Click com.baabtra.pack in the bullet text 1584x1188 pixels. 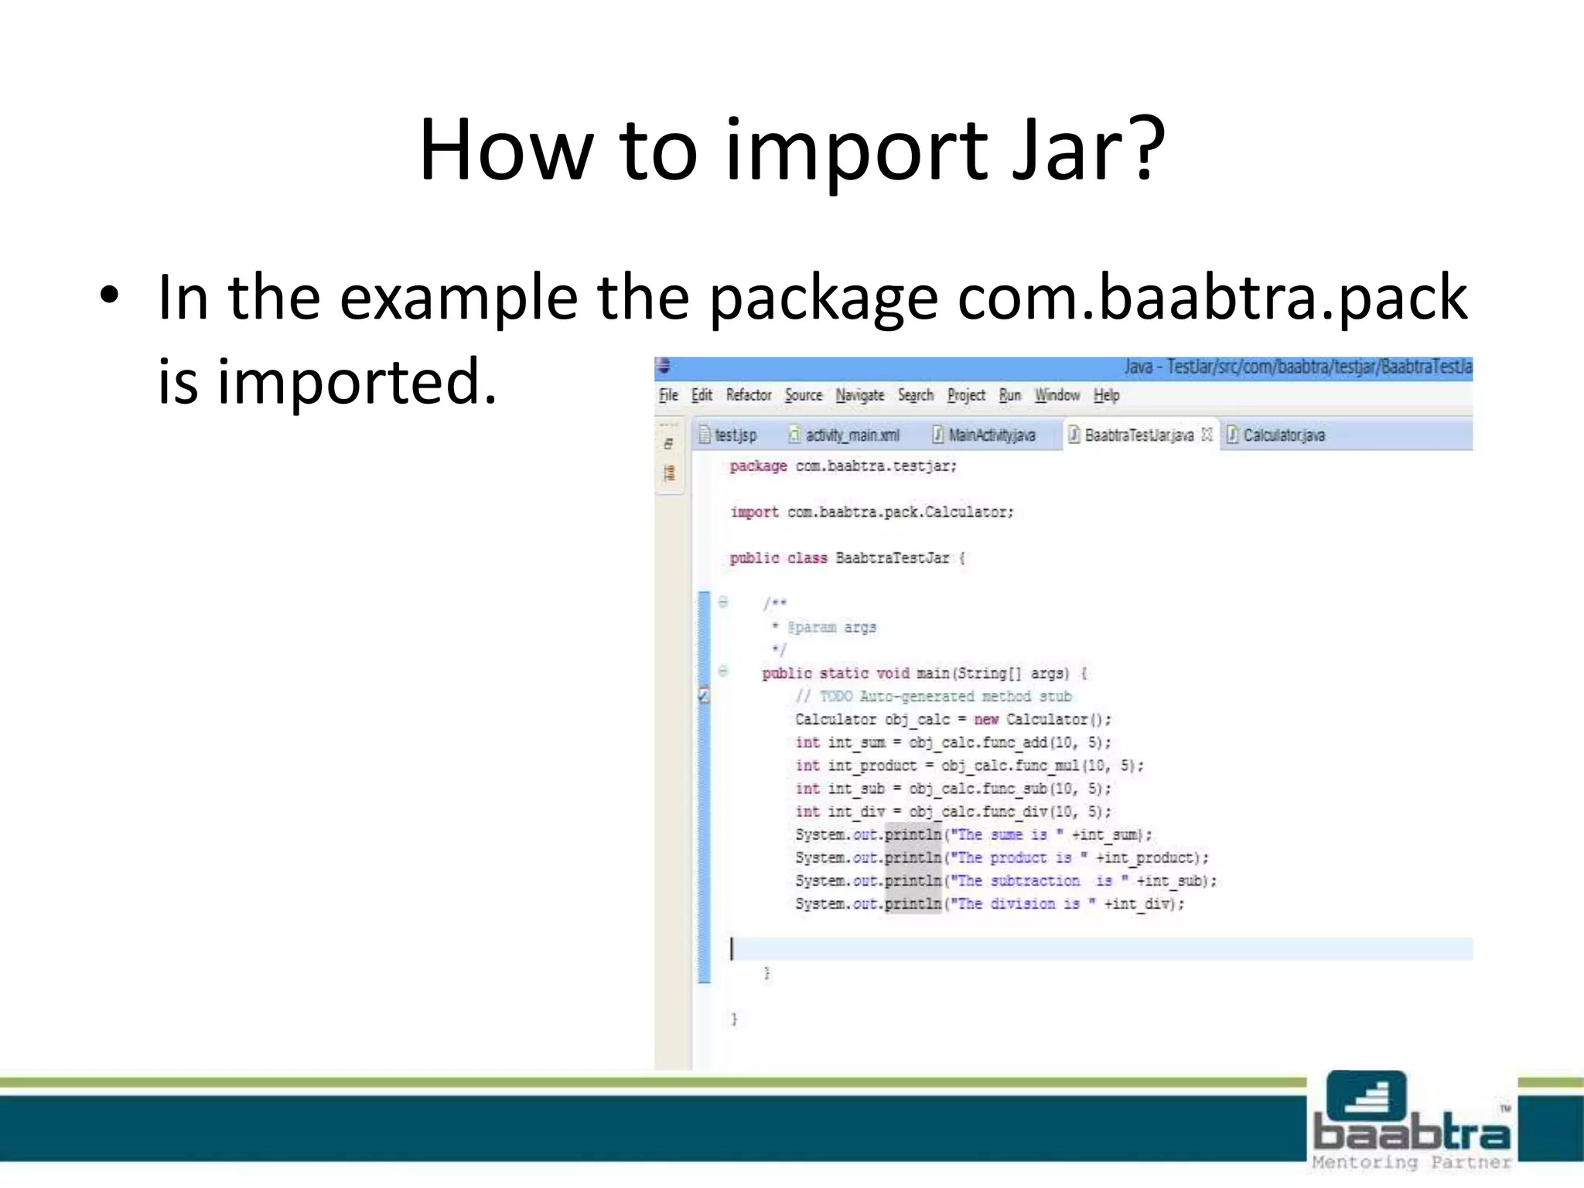[x=1211, y=299]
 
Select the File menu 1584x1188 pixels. [x=668, y=395]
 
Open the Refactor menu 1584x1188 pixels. [x=748, y=395]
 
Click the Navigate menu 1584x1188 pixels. [x=859, y=395]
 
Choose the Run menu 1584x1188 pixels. [x=1009, y=395]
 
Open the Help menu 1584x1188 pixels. [x=1106, y=395]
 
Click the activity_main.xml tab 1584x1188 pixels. [x=852, y=435]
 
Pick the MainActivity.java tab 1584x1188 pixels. [x=991, y=435]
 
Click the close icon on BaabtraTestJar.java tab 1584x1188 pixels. [x=1207, y=435]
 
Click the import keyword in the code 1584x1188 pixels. [x=754, y=512]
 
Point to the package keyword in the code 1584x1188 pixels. [x=758, y=466]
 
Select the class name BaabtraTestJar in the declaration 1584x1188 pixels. [x=892, y=558]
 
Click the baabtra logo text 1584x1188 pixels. [x=1412, y=1132]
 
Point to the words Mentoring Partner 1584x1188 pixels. [x=1412, y=1162]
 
